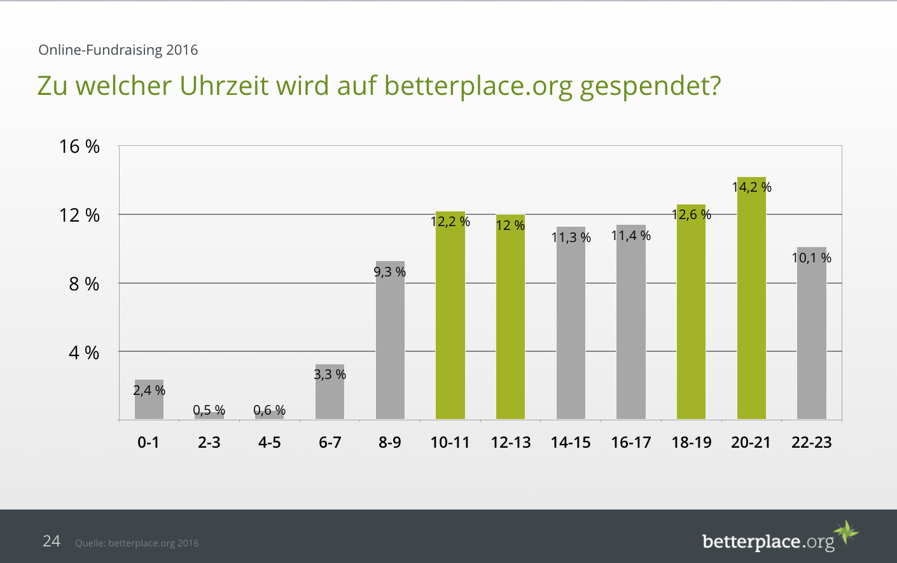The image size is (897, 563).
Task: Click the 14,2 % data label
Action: [751, 187]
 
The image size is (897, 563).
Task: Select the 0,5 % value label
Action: [209, 410]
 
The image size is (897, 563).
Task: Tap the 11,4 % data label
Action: [630, 236]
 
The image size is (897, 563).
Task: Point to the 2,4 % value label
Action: [149, 390]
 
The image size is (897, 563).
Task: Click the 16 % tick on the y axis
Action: [80, 146]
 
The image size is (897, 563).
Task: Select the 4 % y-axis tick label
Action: [84, 353]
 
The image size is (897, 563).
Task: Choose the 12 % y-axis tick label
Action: [80, 215]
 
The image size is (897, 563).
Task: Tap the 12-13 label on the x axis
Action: [510, 442]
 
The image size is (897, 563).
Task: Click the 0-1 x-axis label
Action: [148, 442]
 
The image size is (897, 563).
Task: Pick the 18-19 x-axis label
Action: [691, 442]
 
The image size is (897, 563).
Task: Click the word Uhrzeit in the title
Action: [224, 86]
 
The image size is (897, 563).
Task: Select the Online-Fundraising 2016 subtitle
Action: [118, 50]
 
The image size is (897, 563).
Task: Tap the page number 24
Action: [51, 541]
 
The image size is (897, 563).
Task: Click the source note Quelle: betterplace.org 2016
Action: [137, 543]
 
